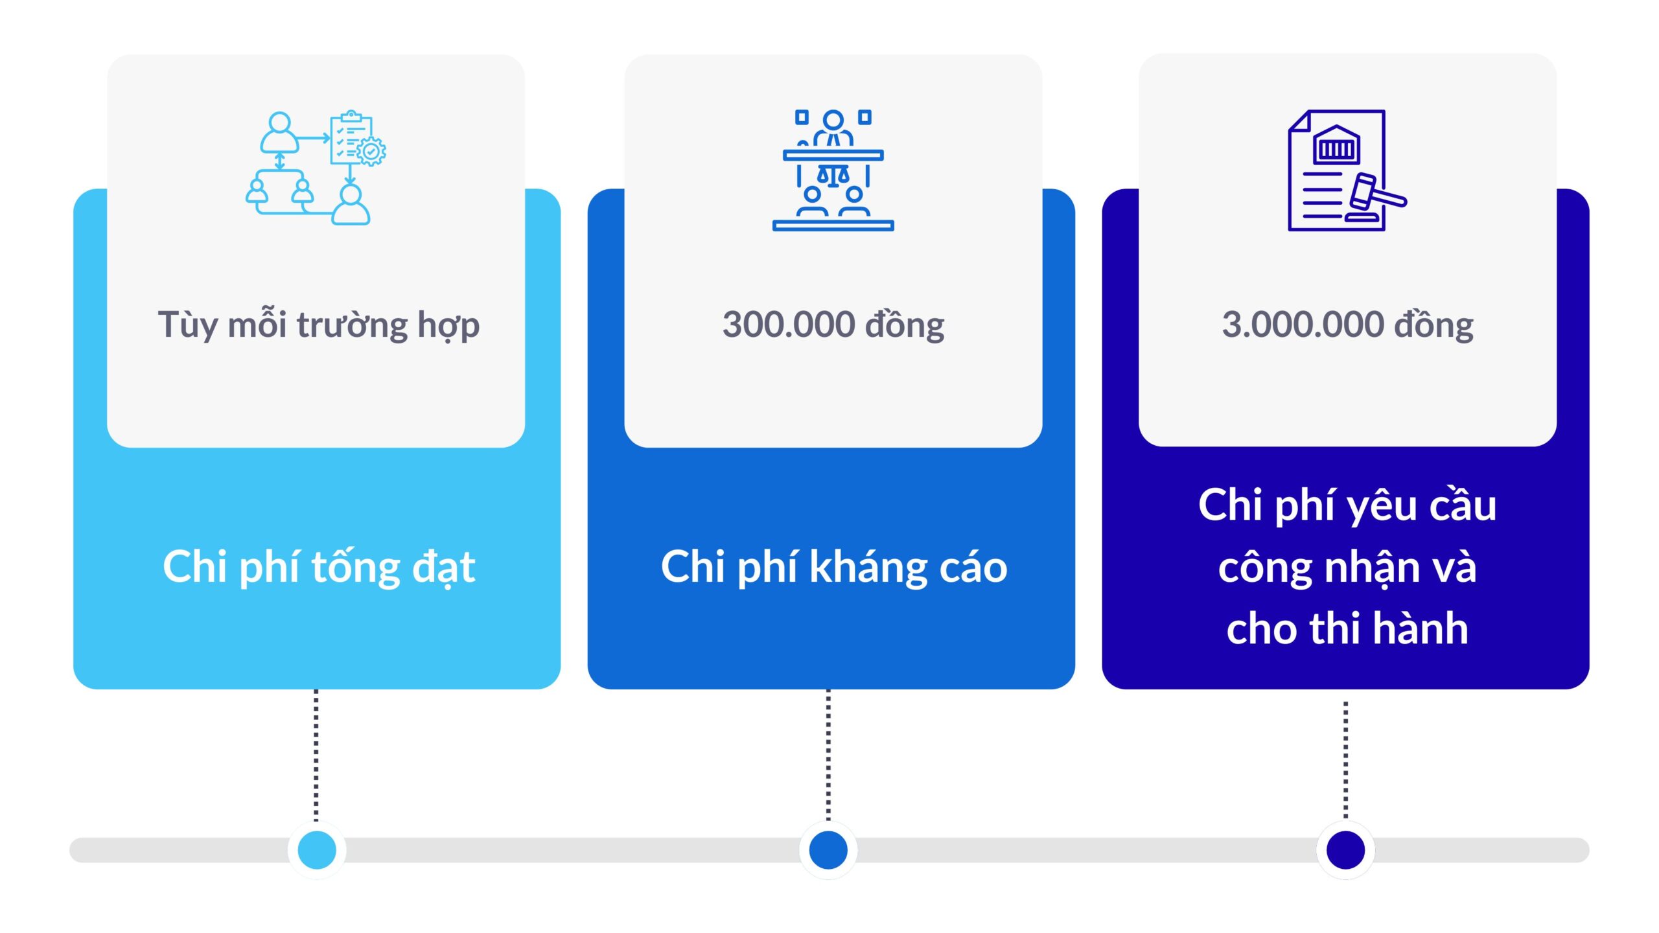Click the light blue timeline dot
pos(317,850)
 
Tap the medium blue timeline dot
pos(828,850)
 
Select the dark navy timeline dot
pos(1345,850)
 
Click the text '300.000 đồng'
pos(833,325)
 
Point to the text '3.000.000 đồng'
pos(1348,325)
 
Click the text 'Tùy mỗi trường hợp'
pos(319,325)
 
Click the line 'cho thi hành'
pos(1347,628)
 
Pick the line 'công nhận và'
pos(1347,568)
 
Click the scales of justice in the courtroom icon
pos(833,175)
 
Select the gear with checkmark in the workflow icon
pos(371,151)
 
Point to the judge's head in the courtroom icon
pos(833,120)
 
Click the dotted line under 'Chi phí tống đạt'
pos(316,755)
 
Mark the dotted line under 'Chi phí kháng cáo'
pos(828,755)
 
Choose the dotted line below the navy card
pos(1345,760)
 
